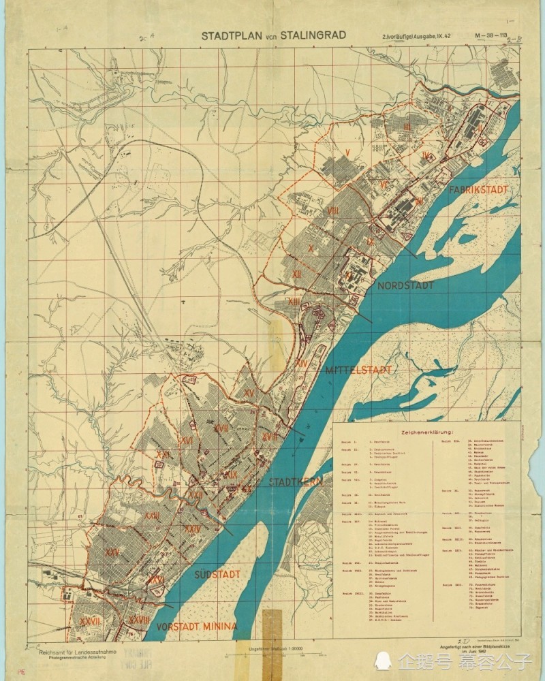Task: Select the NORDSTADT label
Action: point(386,285)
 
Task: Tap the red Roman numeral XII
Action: point(297,273)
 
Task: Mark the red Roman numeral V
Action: point(347,152)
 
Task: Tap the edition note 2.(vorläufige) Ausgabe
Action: point(413,36)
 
